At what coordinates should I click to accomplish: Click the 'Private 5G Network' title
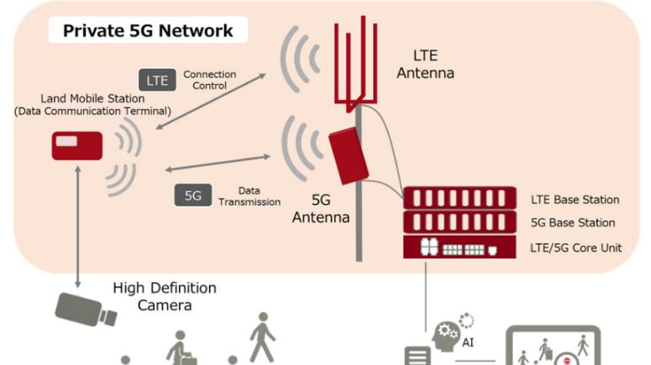(x=147, y=31)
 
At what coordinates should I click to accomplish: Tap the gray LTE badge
(x=158, y=81)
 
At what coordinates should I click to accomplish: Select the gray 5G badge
(x=193, y=196)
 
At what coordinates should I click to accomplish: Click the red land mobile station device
(x=76, y=145)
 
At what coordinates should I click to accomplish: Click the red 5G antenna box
(x=349, y=157)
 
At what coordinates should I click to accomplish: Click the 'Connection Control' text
(x=210, y=80)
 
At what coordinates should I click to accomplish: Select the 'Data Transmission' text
(x=248, y=196)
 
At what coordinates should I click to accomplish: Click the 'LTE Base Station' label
(x=575, y=200)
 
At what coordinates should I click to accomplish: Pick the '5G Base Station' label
(x=573, y=223)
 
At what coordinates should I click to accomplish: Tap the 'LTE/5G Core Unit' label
(x=575, y=248)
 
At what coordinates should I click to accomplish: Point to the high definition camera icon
(x=85, y=308)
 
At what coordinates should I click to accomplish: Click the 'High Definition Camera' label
(x=164, y=297)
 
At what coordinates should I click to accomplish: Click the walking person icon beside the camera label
(x=262, y=336)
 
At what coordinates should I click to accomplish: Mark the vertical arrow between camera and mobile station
(x=77, y=223)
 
